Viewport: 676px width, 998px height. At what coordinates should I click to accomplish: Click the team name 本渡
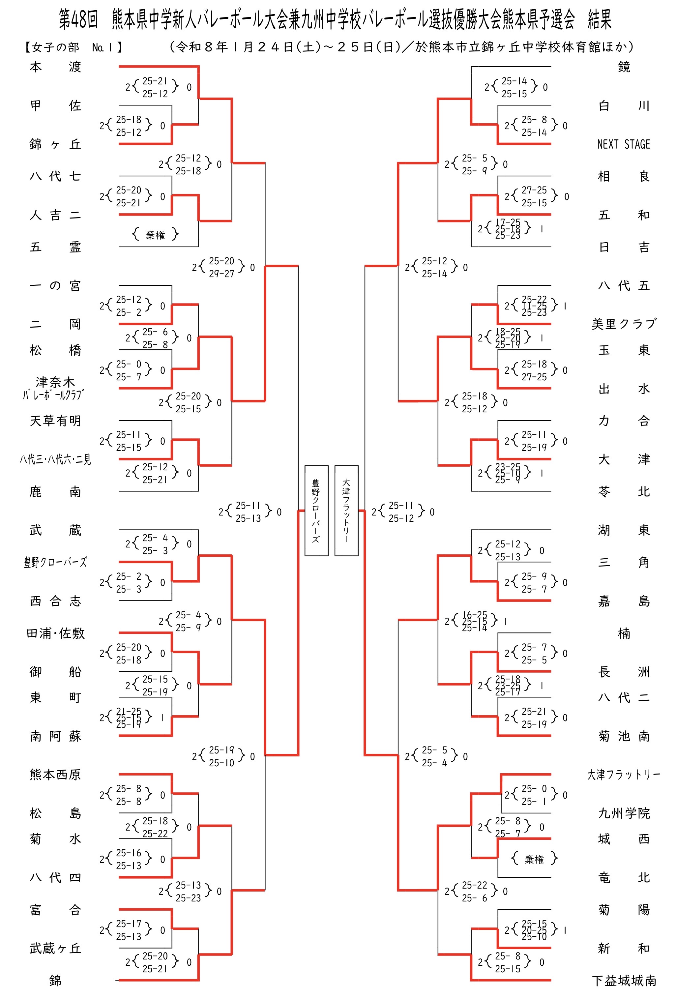click(55, 67)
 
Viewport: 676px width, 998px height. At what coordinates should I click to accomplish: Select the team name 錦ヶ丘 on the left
click(55, 144)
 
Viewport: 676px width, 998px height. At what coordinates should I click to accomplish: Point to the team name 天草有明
click(55, 421)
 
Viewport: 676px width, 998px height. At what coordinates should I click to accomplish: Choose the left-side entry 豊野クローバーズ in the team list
click(55, 562)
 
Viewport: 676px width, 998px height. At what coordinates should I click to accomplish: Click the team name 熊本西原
click(55, 774)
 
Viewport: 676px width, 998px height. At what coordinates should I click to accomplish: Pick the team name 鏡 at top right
click(624, 67)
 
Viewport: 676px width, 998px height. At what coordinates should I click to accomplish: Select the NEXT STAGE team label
click(624, 144)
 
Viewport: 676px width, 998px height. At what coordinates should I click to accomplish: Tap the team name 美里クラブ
click(624, 324)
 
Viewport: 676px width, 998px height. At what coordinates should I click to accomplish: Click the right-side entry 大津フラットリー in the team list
click(624, 774)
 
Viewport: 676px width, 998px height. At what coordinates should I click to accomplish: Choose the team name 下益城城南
click(624, 981)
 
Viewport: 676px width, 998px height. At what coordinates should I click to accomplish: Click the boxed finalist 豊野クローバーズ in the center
click(316, 511)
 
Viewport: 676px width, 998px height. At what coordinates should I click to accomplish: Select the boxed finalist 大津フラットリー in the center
click(346, 511)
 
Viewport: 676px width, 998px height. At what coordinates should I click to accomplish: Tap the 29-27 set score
click(221, 274)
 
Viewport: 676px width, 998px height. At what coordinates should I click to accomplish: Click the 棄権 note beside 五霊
click(155, 235)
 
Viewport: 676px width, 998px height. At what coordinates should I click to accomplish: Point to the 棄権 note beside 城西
click(534, 859)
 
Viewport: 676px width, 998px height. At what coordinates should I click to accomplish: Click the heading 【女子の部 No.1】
click(73, 47)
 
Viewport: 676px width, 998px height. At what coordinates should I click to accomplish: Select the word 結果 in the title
click(600, 20)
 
